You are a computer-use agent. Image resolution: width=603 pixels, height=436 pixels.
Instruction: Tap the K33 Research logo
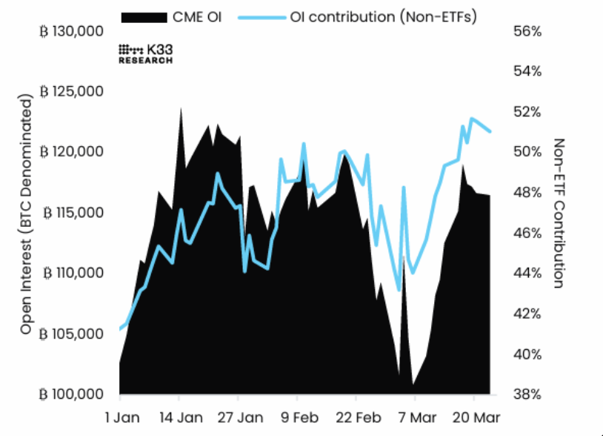pos(146,53)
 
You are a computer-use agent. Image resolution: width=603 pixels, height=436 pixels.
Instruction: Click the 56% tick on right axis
pos(527,32)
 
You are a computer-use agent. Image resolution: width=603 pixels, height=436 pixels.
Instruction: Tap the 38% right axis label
pos(527,394)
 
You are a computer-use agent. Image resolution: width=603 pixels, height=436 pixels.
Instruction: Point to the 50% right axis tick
pos(527,152)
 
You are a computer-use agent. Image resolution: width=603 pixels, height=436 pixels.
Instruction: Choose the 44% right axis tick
pos(527,273)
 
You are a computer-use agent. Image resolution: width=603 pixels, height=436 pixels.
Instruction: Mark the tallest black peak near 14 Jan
pos(181,108)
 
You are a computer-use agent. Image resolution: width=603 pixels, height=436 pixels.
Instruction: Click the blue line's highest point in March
pos(471,119)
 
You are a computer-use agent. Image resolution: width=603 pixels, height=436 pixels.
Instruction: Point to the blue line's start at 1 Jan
pos(120,329)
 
